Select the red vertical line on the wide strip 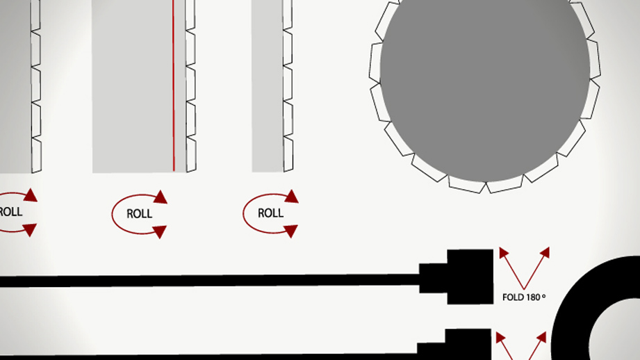point(174,85)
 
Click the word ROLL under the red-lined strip point(139,214)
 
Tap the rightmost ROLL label point(270,213)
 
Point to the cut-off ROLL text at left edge point(11,212)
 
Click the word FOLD point(513,297)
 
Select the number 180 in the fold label point(533,297)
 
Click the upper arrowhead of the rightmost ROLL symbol point(291,196)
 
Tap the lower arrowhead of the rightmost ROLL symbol point(290,231)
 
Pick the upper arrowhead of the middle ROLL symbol point(161,197)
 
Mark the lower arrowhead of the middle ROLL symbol point(160,232)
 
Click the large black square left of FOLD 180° point(470,277)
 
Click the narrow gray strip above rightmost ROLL point(268,85)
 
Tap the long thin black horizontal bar point(210,281)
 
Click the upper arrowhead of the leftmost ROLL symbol point(31,195)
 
